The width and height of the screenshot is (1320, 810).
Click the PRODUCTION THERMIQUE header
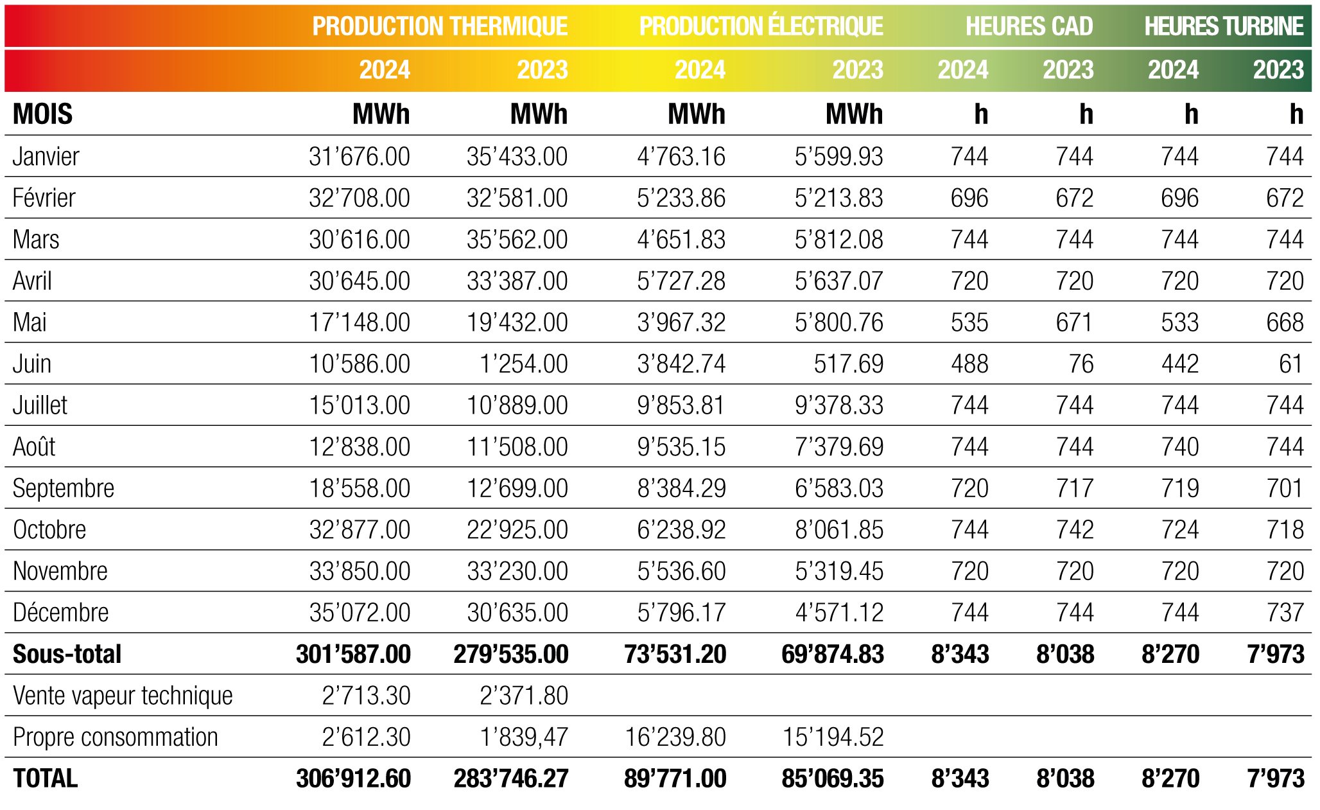440,26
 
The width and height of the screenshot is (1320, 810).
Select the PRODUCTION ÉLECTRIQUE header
761,26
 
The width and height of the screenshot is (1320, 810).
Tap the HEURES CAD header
1029,26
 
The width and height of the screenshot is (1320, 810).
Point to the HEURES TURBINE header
1223,26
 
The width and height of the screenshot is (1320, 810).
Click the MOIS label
42,114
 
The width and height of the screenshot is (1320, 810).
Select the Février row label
44,198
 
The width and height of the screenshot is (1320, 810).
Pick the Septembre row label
63,488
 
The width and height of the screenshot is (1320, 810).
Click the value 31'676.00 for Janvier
359,157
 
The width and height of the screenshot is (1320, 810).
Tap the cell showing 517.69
848,364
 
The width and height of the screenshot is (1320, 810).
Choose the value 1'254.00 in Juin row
523,364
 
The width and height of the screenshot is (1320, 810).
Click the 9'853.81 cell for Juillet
681,405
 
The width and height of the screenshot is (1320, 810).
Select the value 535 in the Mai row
969,322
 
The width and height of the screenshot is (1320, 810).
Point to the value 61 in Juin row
1290,364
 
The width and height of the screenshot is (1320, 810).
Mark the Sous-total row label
67,654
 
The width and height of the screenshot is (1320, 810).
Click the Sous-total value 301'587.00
353,654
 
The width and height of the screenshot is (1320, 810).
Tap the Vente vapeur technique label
122,696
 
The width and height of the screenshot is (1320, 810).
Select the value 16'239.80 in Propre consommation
675,737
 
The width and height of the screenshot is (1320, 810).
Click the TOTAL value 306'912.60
353,779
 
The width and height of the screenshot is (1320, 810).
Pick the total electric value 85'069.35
832,779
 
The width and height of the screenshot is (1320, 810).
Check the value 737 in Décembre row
1285,613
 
